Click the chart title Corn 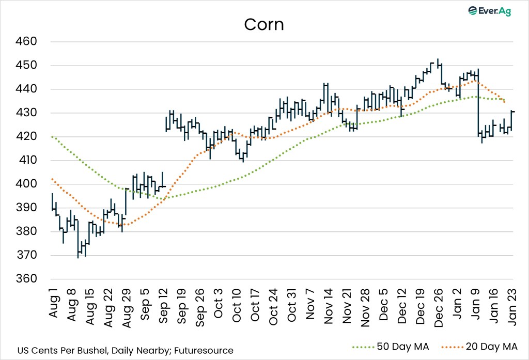point(264,24)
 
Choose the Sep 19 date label point(181,308)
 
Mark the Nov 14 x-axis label point(328,308)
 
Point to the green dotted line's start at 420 point(52,136)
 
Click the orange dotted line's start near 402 point(52,179)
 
